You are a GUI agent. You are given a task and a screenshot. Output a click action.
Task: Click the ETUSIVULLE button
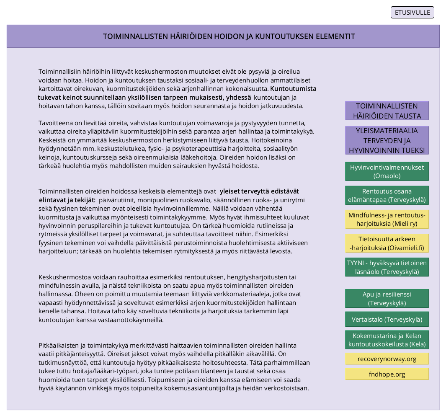(412, 13)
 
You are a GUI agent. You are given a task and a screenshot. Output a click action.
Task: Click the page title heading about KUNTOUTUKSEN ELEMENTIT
(229, 36)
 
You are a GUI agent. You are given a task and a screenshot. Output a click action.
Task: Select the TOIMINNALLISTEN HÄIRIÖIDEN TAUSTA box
(387, 111)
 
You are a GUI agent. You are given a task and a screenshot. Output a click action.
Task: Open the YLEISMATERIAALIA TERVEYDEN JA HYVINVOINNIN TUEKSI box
(387, 141)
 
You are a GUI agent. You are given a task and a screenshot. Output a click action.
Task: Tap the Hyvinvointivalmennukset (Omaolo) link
(387, 171)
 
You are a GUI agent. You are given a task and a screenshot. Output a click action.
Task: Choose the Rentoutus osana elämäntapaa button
(387, 195)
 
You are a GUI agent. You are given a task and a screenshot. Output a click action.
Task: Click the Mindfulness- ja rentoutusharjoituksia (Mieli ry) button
(387, 219)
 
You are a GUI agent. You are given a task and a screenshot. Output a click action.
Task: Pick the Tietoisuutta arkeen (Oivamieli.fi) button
(387, 243)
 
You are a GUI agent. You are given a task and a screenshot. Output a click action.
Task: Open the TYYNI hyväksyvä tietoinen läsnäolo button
(387, 267)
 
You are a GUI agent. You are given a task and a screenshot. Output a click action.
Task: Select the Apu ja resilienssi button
(387, 299)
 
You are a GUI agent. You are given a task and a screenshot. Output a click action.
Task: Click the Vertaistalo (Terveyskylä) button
(387, 320)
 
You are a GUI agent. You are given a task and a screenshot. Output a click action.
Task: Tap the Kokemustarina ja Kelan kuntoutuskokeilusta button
(387, 340)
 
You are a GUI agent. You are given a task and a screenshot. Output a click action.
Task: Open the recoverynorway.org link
(387, 359)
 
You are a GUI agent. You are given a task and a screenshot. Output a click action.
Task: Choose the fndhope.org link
(387, 374)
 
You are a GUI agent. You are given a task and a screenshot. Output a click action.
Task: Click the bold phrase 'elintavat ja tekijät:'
(67, 200)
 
